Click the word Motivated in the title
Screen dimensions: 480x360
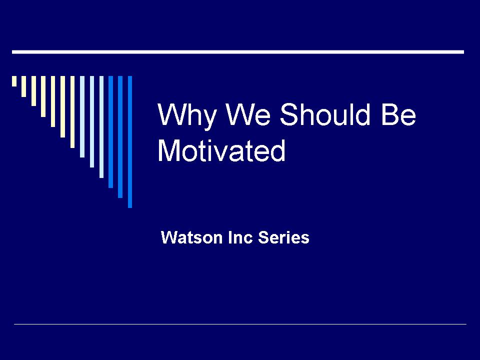[221, 150]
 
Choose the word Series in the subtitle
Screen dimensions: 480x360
[283, 237]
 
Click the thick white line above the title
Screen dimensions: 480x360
[238, 52]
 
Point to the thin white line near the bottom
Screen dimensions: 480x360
[240, 324]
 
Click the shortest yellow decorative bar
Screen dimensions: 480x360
[14, 81]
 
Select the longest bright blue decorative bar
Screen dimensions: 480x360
[130, 141]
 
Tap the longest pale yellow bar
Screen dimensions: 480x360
[72, 111]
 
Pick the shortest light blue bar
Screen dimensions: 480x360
[82, 116]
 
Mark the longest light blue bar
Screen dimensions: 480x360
[101, 126]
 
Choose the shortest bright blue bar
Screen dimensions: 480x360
[110, 132]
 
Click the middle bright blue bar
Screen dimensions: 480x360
[120, 137]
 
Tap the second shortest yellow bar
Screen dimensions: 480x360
[23, 86]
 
